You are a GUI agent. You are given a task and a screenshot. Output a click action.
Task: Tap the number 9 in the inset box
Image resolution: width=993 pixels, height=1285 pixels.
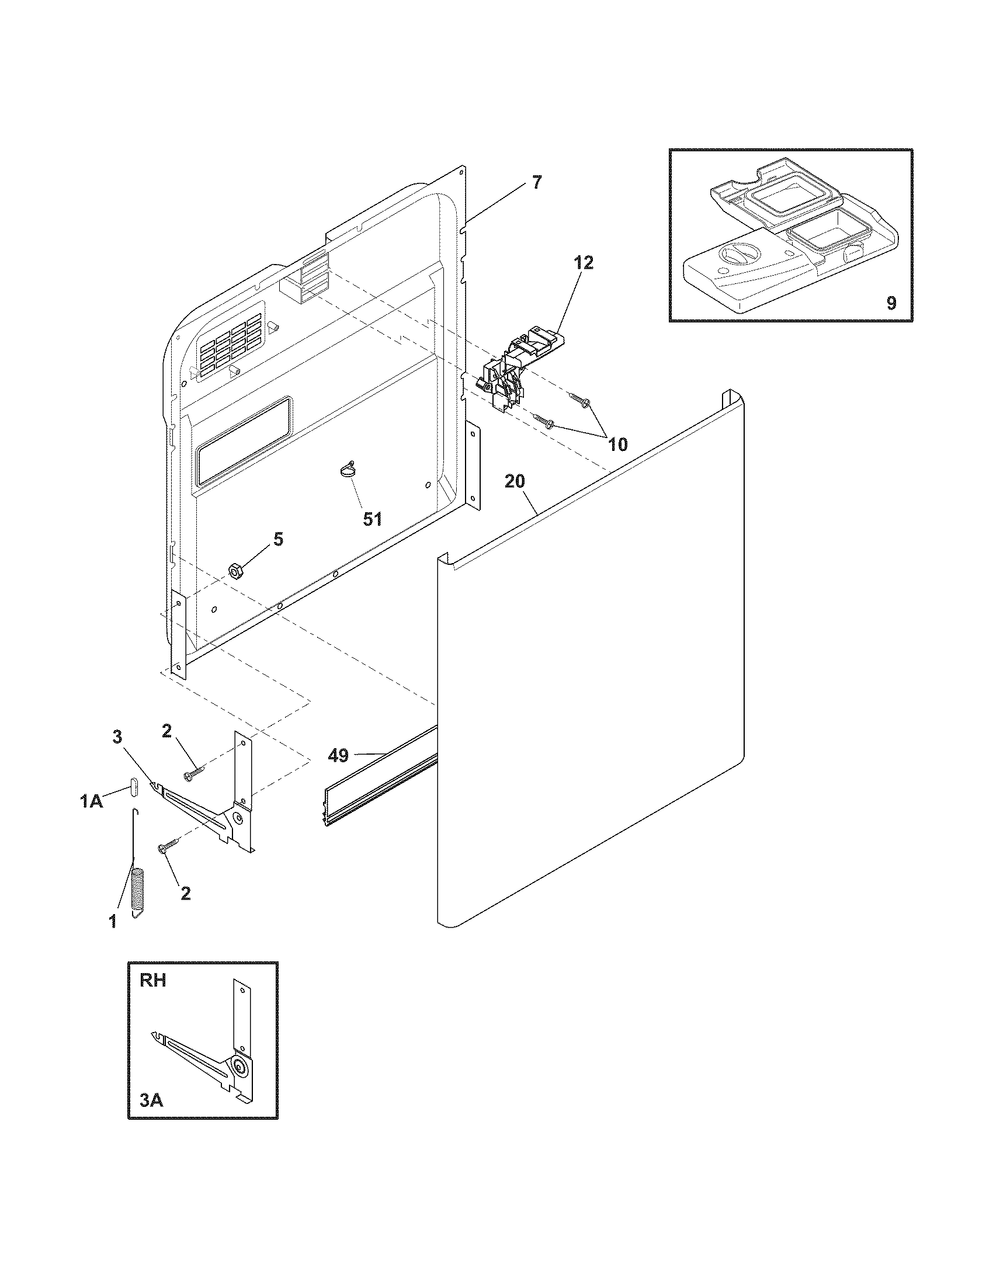(891, 304)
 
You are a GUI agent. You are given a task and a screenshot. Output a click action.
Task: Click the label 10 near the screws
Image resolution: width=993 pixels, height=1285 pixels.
(617, 444)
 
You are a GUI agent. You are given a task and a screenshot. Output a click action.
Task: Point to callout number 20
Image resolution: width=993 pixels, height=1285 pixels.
(515, 481)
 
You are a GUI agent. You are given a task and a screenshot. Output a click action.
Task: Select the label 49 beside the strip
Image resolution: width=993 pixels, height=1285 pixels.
(338, 755)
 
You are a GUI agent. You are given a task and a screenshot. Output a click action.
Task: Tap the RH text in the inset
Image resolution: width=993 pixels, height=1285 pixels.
(152, 980)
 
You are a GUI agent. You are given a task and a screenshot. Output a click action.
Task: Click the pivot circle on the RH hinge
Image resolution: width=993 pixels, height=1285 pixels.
(239, 1067)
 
